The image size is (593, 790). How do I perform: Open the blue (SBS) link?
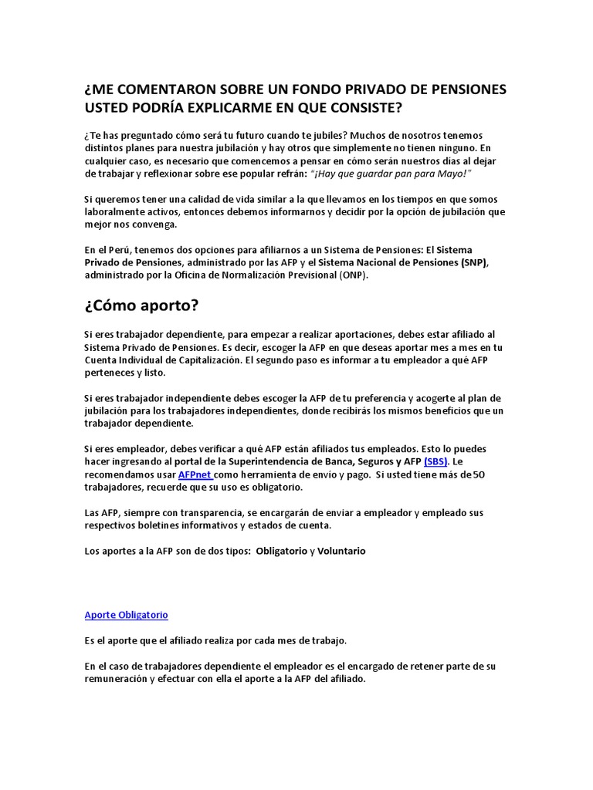(x=436, y=461)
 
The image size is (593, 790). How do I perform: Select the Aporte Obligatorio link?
(x=126, y=615)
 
